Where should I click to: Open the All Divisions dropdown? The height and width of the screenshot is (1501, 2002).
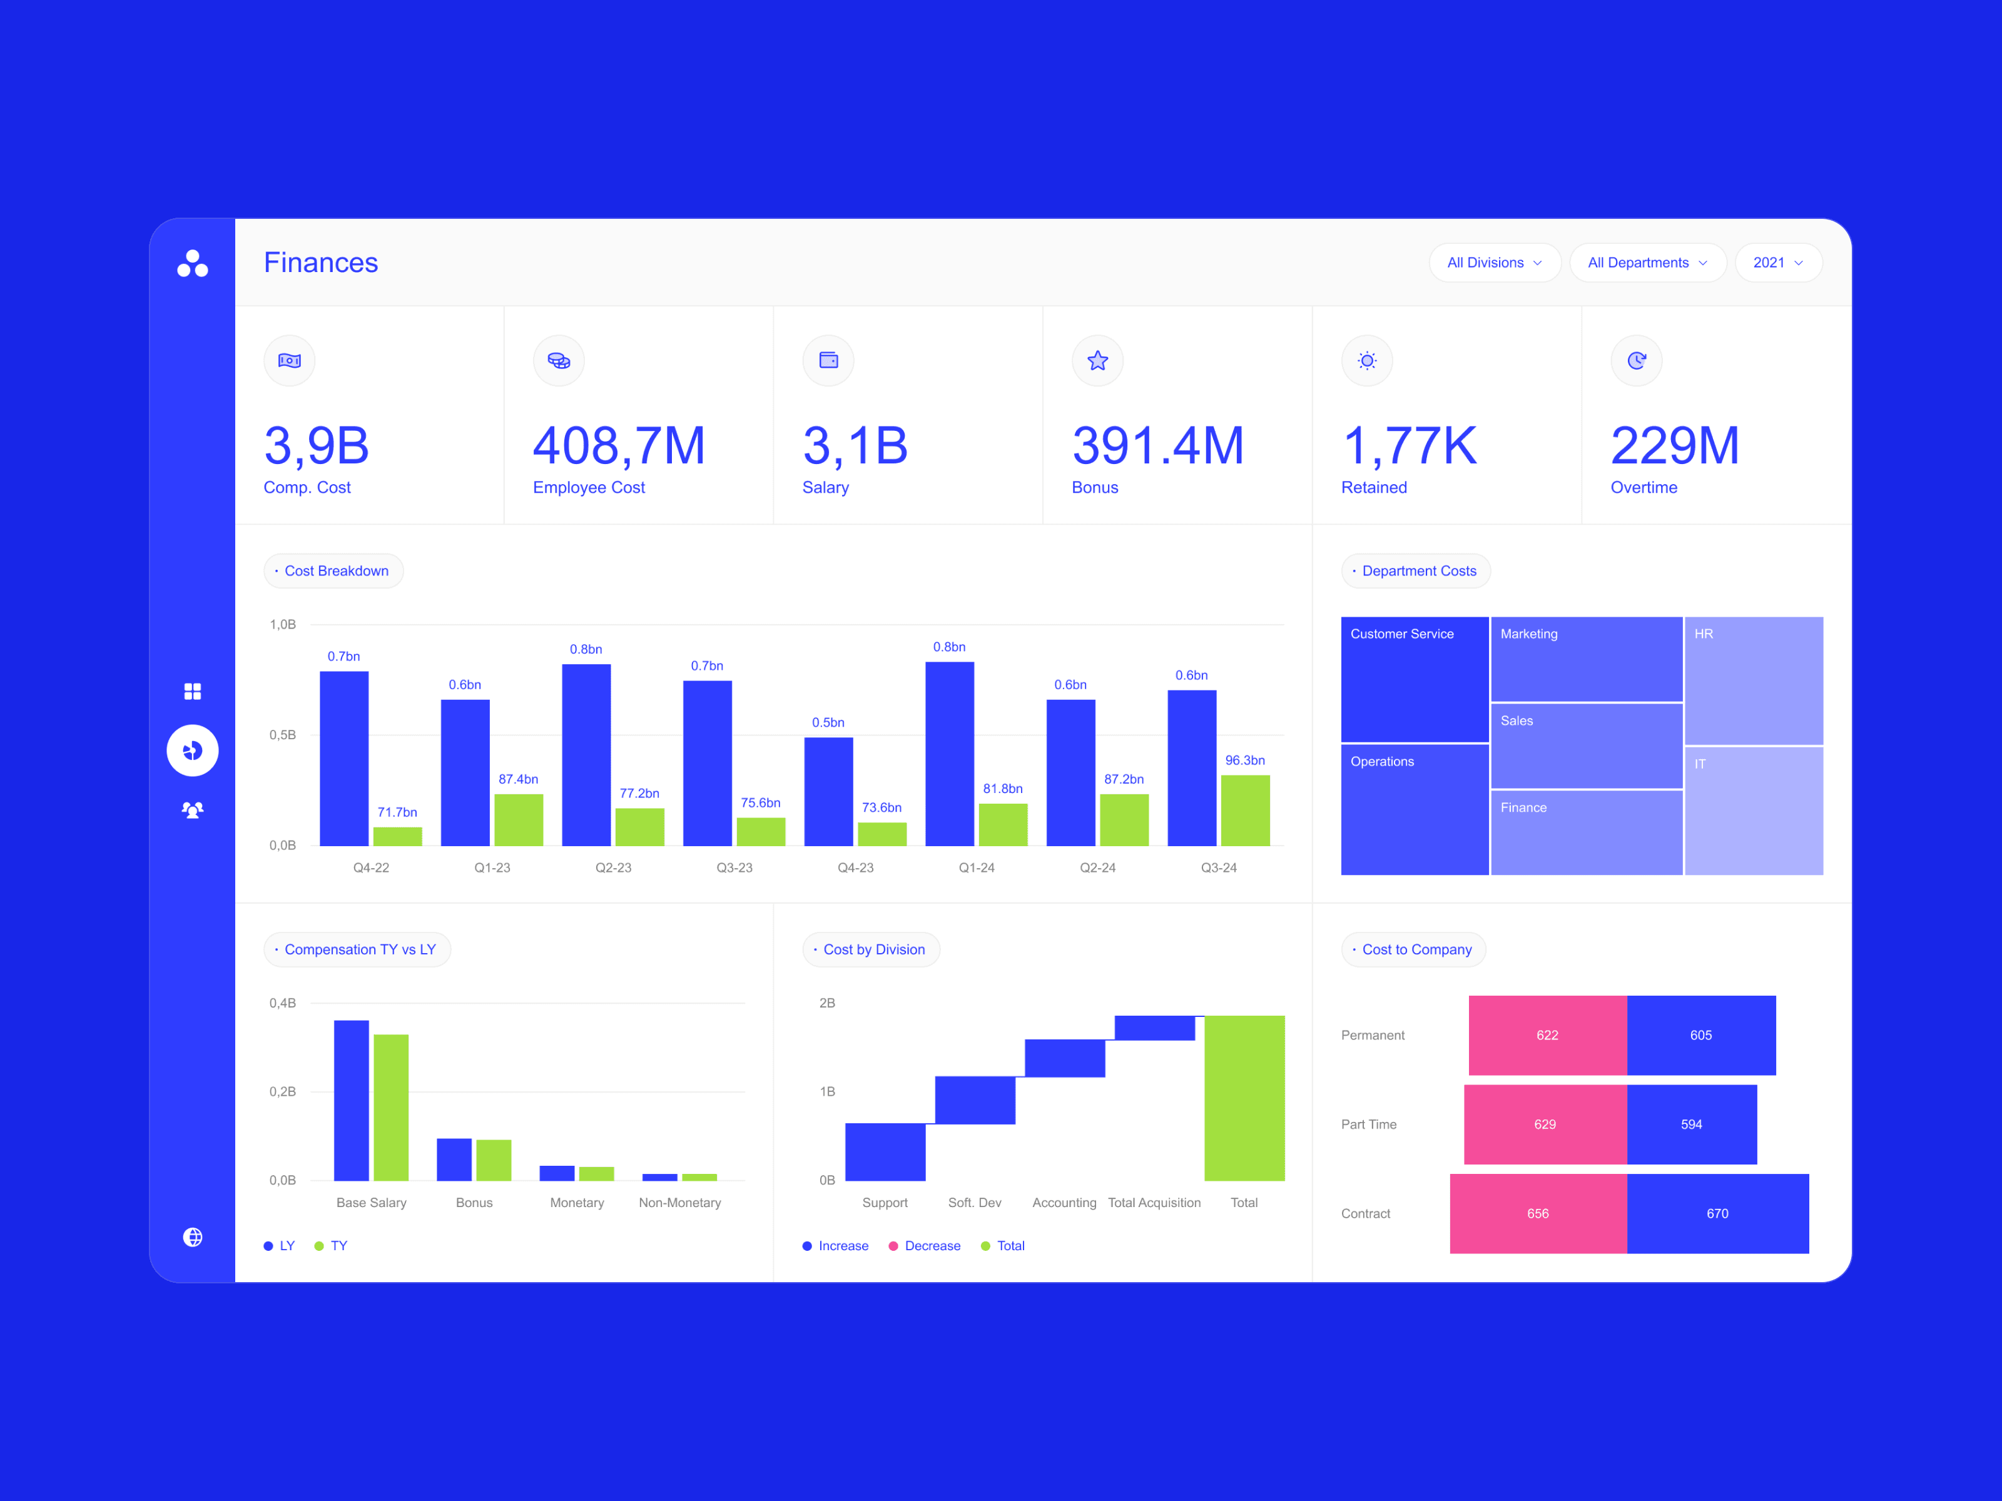click(1494, 263)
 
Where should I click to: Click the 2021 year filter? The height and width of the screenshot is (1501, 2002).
click(1777, 263)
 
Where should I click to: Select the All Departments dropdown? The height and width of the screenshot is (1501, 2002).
click(1647, 263)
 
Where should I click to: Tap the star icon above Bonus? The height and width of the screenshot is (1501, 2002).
click(1097, 361)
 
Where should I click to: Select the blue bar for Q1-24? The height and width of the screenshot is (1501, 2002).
click(950, 754)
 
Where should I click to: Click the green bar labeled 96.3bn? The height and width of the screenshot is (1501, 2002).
click(1244, 811)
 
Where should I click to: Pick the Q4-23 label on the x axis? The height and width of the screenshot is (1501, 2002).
click(855, 867)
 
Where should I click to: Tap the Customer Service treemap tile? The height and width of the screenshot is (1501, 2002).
click(1415, 679)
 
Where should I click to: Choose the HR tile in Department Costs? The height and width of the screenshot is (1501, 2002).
click(1753, 680)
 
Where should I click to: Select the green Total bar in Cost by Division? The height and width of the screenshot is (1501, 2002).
click(1244, 1098)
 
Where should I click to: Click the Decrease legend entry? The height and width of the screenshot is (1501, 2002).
click(924, 1246)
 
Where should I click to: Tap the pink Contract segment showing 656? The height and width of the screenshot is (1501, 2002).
click(1538, 1213)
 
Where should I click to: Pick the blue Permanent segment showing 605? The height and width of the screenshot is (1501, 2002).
click(1700, 1035)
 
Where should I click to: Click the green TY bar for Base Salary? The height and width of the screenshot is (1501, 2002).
click(391, 1108)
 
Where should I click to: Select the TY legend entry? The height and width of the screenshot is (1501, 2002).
click(330, 1246)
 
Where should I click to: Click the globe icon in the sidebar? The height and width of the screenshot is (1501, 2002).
click(193, 1237)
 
